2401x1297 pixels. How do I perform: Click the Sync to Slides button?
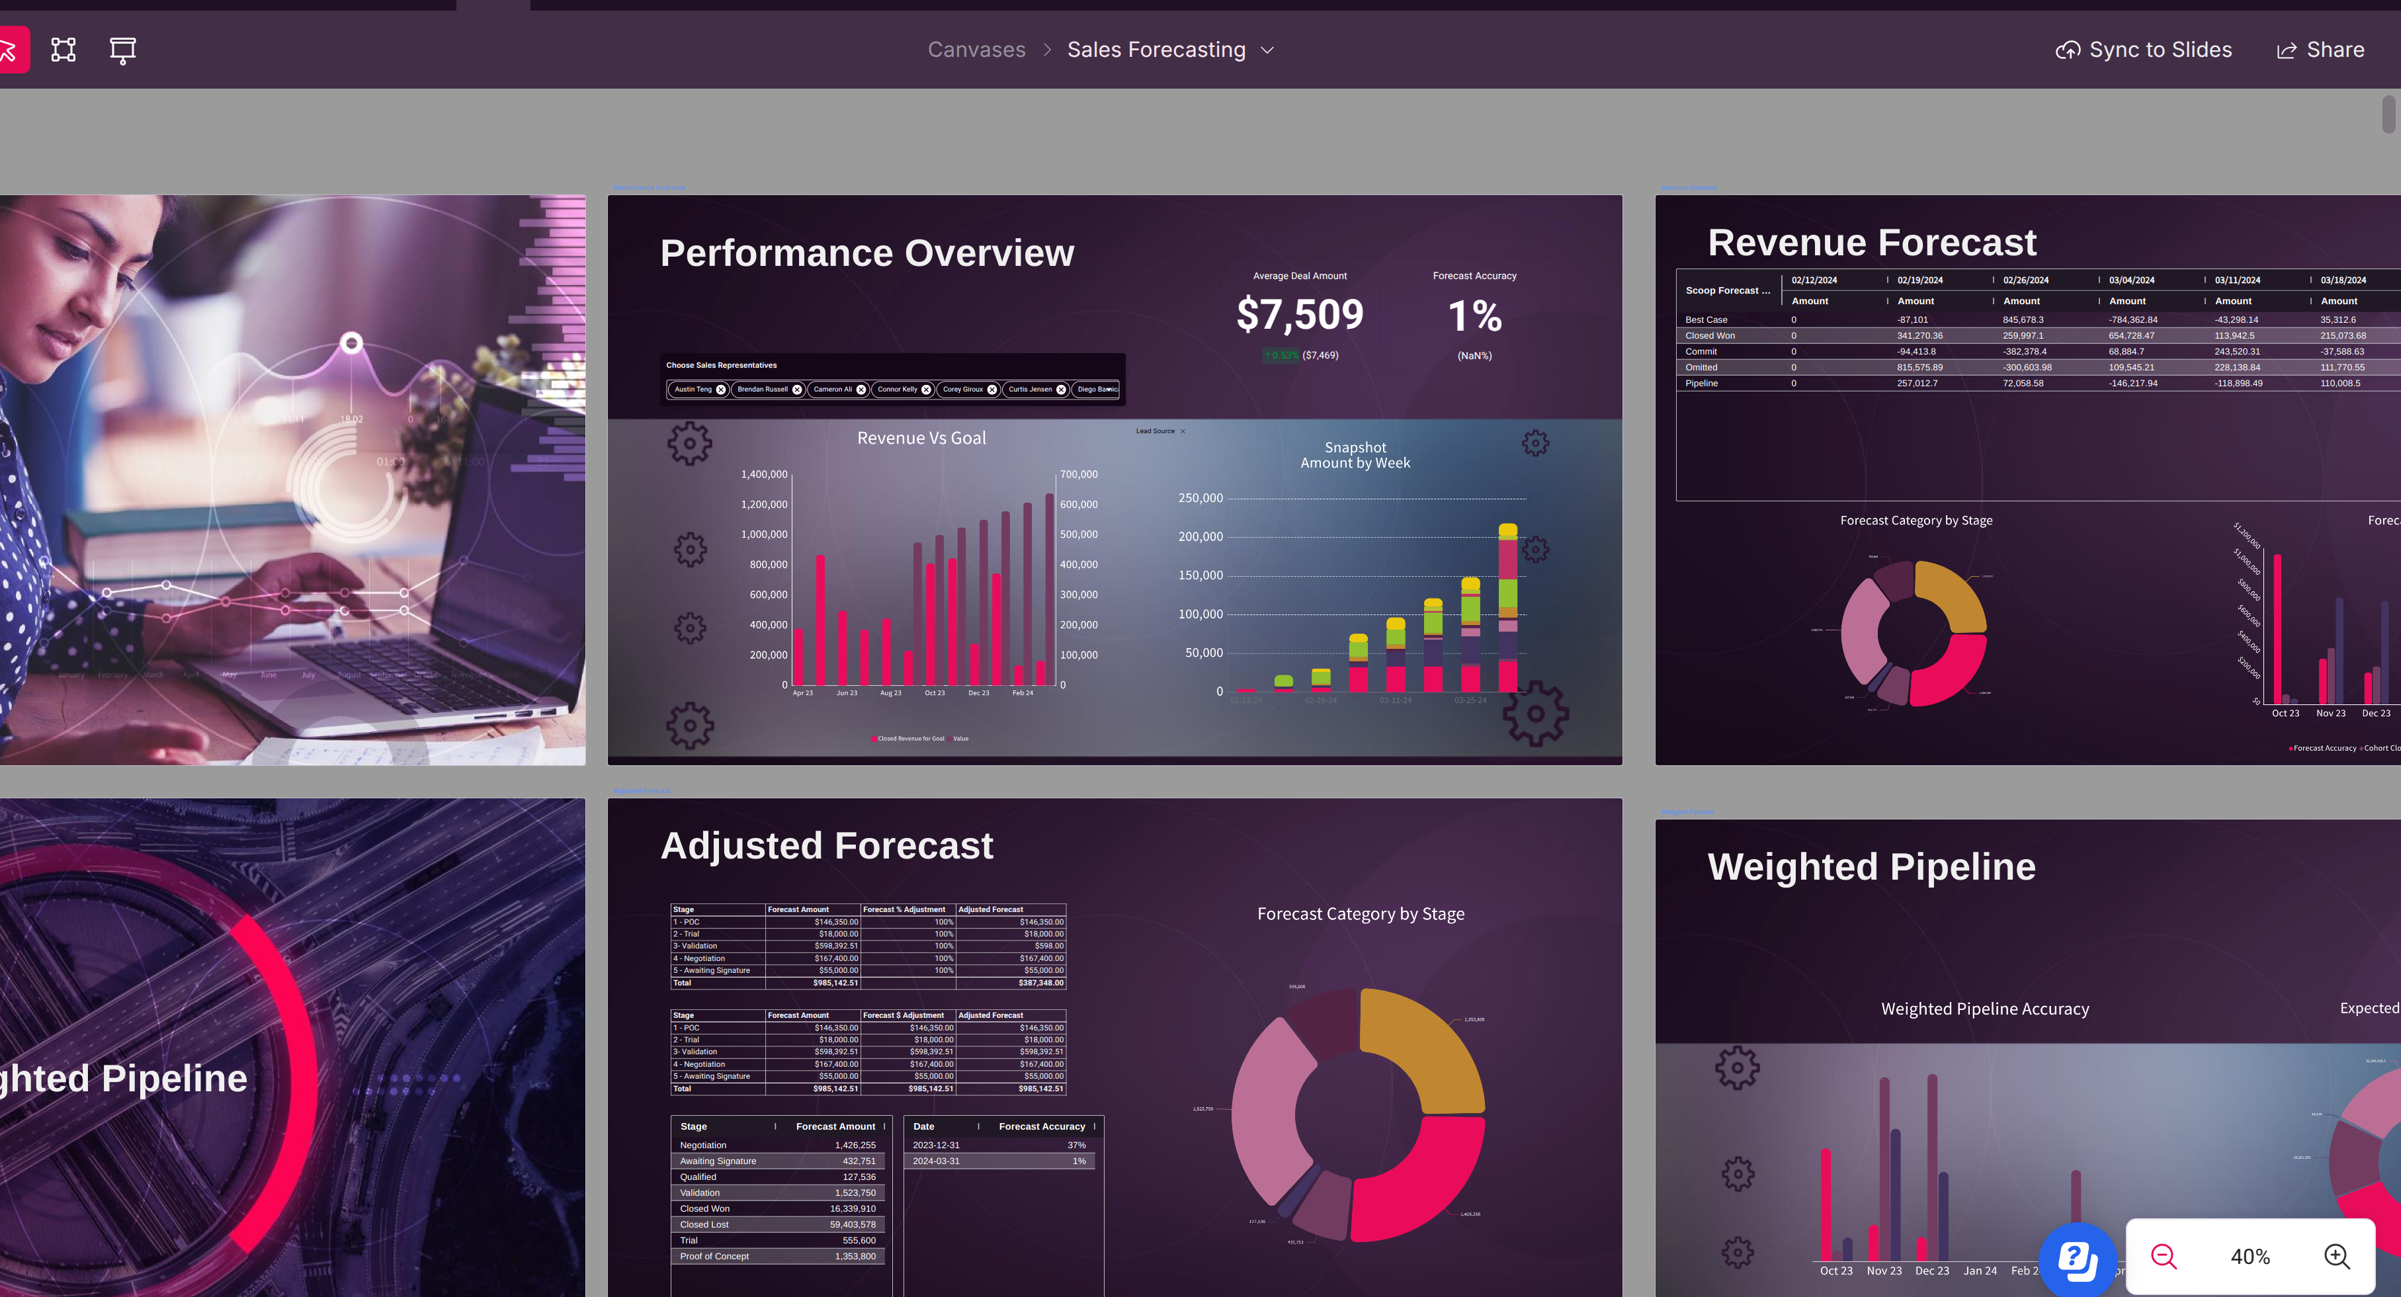2144,50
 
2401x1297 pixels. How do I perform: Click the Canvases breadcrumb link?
976,50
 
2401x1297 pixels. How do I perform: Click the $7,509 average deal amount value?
1299,315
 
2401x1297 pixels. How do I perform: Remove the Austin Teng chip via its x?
720,390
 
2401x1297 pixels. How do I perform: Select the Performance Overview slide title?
867,253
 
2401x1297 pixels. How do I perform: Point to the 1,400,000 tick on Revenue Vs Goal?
763,474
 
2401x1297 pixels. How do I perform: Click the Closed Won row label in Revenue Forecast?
1709,335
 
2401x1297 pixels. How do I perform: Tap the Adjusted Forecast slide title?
827,846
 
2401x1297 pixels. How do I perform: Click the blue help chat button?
2077,1259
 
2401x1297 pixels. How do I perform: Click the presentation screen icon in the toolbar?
122,50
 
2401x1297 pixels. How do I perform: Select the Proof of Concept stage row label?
714,1256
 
